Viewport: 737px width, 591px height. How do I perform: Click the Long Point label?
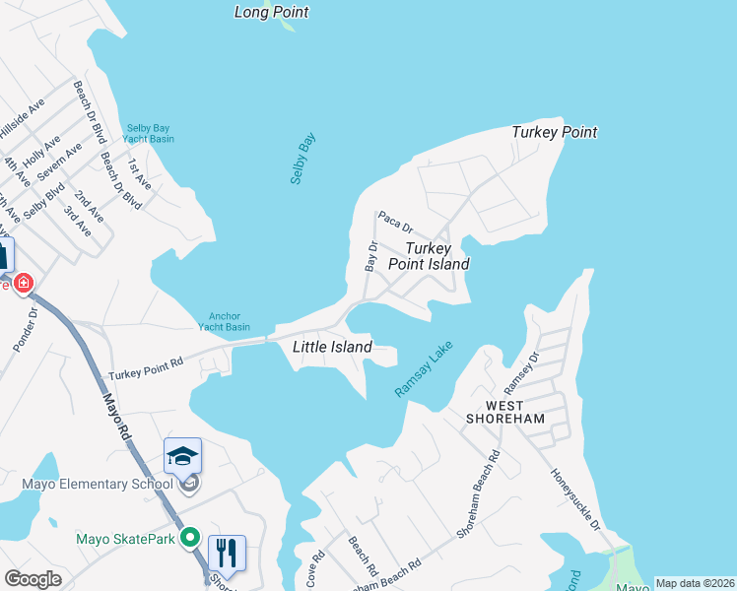(272, 13)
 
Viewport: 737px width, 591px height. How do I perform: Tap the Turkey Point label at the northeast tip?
(554, 132)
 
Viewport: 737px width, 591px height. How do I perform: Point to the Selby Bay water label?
(302, 159)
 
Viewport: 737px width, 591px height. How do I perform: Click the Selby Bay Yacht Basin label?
(150, 133)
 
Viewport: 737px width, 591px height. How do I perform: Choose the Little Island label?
(332, 347)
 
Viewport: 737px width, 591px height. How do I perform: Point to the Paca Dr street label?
(394, 221)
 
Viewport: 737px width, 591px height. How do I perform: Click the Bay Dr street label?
(371, 256)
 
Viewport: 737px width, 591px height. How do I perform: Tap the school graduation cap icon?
(182, 456)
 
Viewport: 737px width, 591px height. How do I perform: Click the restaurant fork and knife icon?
(227, 554)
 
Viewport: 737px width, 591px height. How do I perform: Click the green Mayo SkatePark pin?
(191, 539)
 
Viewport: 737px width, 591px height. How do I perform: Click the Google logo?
(33, 578)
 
